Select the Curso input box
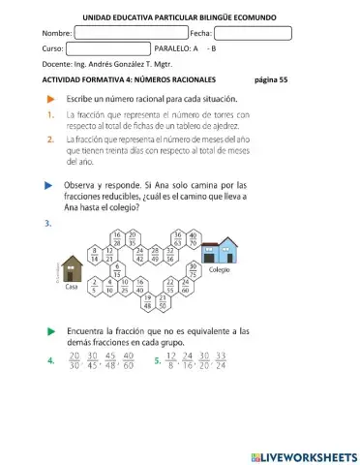[x=107, y=47]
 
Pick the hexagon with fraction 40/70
[x=193, y=239]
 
